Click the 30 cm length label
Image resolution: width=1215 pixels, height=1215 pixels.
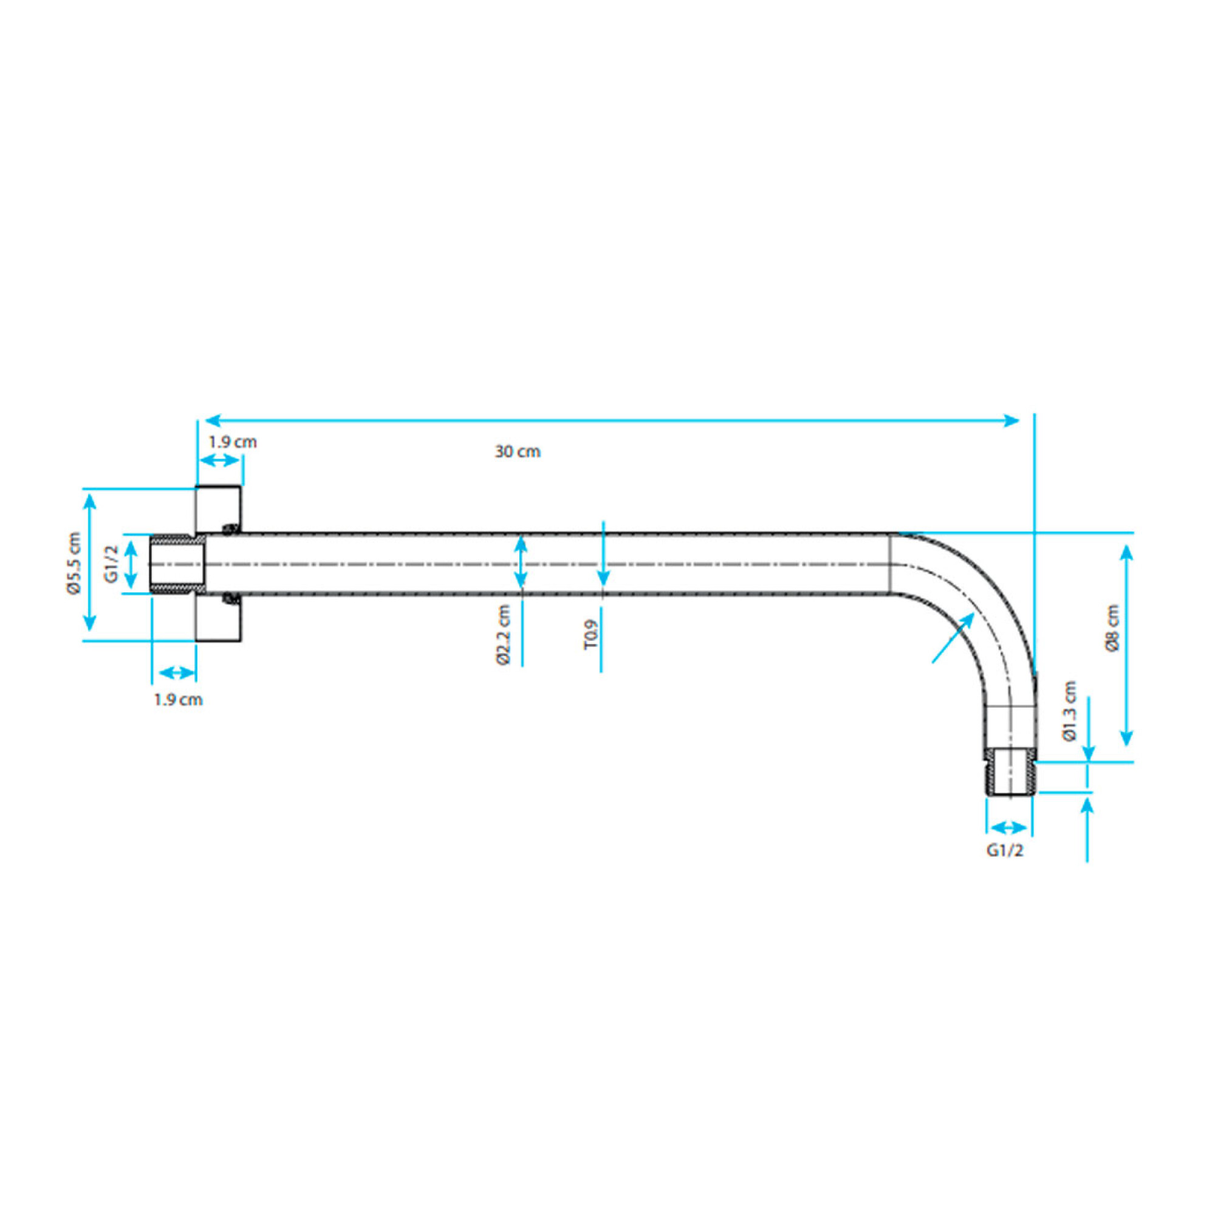tap(517, 451)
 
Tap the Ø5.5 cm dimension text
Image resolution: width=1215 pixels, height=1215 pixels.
tap(75, 563)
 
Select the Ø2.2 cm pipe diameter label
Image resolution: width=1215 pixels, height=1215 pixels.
tap(503, 635)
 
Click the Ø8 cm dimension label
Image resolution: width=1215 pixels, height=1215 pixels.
tap(1113, 628)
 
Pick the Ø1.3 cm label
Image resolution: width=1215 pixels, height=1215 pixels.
tap(1070, 710)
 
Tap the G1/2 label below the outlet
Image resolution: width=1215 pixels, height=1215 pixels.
tap(1004, 850)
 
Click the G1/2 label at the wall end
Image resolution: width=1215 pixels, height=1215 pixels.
tap(112, 564)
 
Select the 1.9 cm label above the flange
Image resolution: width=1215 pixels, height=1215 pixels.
tap(233, 442)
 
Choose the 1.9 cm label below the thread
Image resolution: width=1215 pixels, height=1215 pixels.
tap(179, 699)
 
